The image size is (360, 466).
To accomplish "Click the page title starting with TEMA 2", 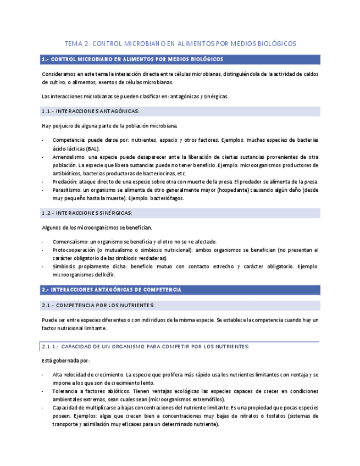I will coord(180,43).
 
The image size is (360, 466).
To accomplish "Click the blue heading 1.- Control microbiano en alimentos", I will coord(132,59).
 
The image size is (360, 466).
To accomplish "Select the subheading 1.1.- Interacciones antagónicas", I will coord(90,111).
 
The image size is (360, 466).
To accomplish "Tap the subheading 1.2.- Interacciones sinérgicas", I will coord(87,213).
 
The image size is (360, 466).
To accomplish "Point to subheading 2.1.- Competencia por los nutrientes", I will coord(98,305).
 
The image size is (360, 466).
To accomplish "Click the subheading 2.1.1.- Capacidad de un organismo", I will coord(146,346).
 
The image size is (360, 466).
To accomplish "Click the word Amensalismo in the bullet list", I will coord(69,157).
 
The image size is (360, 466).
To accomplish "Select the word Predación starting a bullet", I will coord(65,181).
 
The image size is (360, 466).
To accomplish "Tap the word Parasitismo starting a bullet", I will coord(68,190).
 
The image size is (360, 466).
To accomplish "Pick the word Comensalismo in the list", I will coord(70,242).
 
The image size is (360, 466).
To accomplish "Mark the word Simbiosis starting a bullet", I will coord(64,267).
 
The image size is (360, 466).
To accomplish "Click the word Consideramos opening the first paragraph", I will coord(59,74).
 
